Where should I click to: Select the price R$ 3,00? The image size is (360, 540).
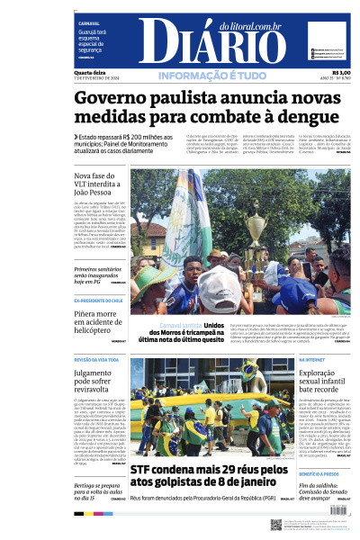[x=341, y=72]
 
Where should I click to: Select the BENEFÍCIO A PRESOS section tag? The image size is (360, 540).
[x=319, y=472]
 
